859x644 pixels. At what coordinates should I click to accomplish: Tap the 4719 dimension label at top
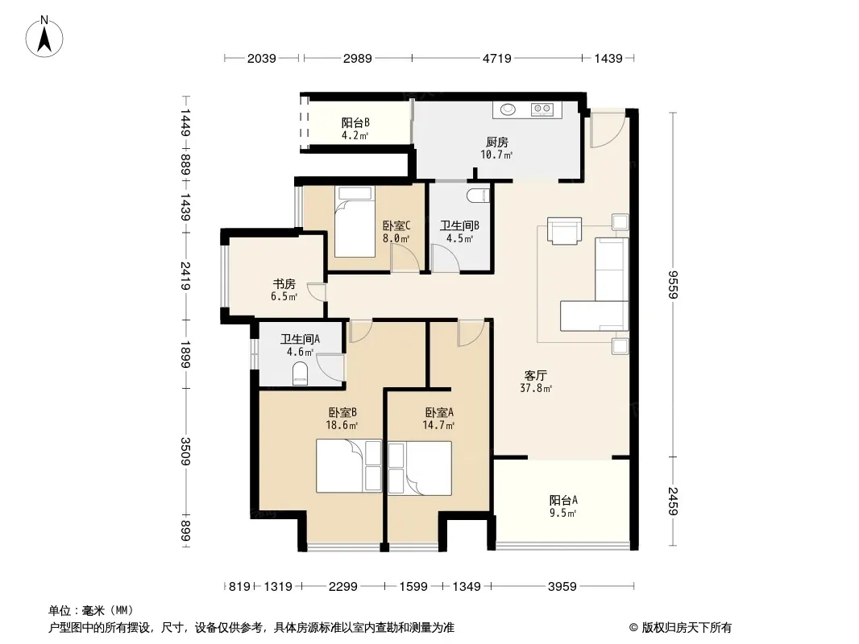[497, 58]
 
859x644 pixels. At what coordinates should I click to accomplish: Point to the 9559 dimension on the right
[674, 284]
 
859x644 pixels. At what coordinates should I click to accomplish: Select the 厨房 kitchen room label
[497, 142]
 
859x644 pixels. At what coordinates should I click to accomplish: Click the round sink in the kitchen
[508, 109]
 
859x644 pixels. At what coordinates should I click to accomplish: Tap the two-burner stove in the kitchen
[542, 109]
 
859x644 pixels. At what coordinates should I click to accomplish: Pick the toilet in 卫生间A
[301, 374]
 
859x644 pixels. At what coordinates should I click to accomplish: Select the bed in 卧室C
[355, 221]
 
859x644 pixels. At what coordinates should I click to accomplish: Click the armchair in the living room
[565, 230]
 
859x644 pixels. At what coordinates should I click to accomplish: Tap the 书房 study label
[284, 284]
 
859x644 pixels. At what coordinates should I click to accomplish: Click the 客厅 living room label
[535, 376]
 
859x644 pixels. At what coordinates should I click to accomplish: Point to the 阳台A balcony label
[563, 500]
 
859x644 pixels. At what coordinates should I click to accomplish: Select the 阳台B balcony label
[355, 122]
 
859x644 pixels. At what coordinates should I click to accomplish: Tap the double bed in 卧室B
[349, 466]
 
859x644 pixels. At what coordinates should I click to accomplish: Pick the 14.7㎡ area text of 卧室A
[438, 425]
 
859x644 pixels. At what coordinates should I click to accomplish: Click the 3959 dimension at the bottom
[562, 587]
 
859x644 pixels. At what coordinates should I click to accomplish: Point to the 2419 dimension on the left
[186, 276]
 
